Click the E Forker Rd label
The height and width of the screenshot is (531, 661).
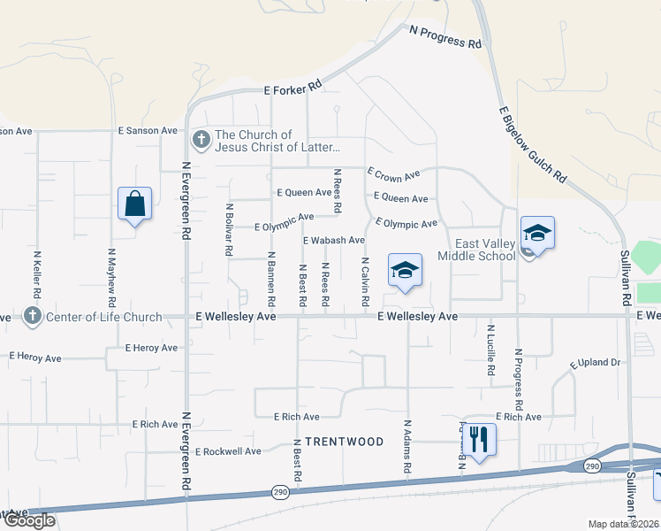[x=293, y=89]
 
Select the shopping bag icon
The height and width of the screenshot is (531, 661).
[x=134, y=204]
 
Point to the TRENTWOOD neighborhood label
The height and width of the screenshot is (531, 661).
[x=345, y=442]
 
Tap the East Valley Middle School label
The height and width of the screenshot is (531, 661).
[x=484, y=250]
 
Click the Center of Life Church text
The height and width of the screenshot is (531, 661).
[x=106, y=317]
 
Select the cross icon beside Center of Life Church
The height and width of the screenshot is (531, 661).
[x=33, y=316]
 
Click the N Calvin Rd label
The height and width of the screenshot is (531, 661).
[x=365, y=283]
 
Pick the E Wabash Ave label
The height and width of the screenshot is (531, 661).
[x=334, y=241]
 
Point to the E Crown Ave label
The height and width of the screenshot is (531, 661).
[x=394, y=175]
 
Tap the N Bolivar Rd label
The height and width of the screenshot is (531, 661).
[x=230, y=230]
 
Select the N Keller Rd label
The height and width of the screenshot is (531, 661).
[x=37, y=272]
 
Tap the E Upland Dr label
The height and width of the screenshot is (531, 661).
[x=596, y=363]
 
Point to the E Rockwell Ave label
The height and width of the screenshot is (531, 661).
[x=228, y=451]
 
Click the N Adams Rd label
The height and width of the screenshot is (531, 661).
[x=407, y=446]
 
